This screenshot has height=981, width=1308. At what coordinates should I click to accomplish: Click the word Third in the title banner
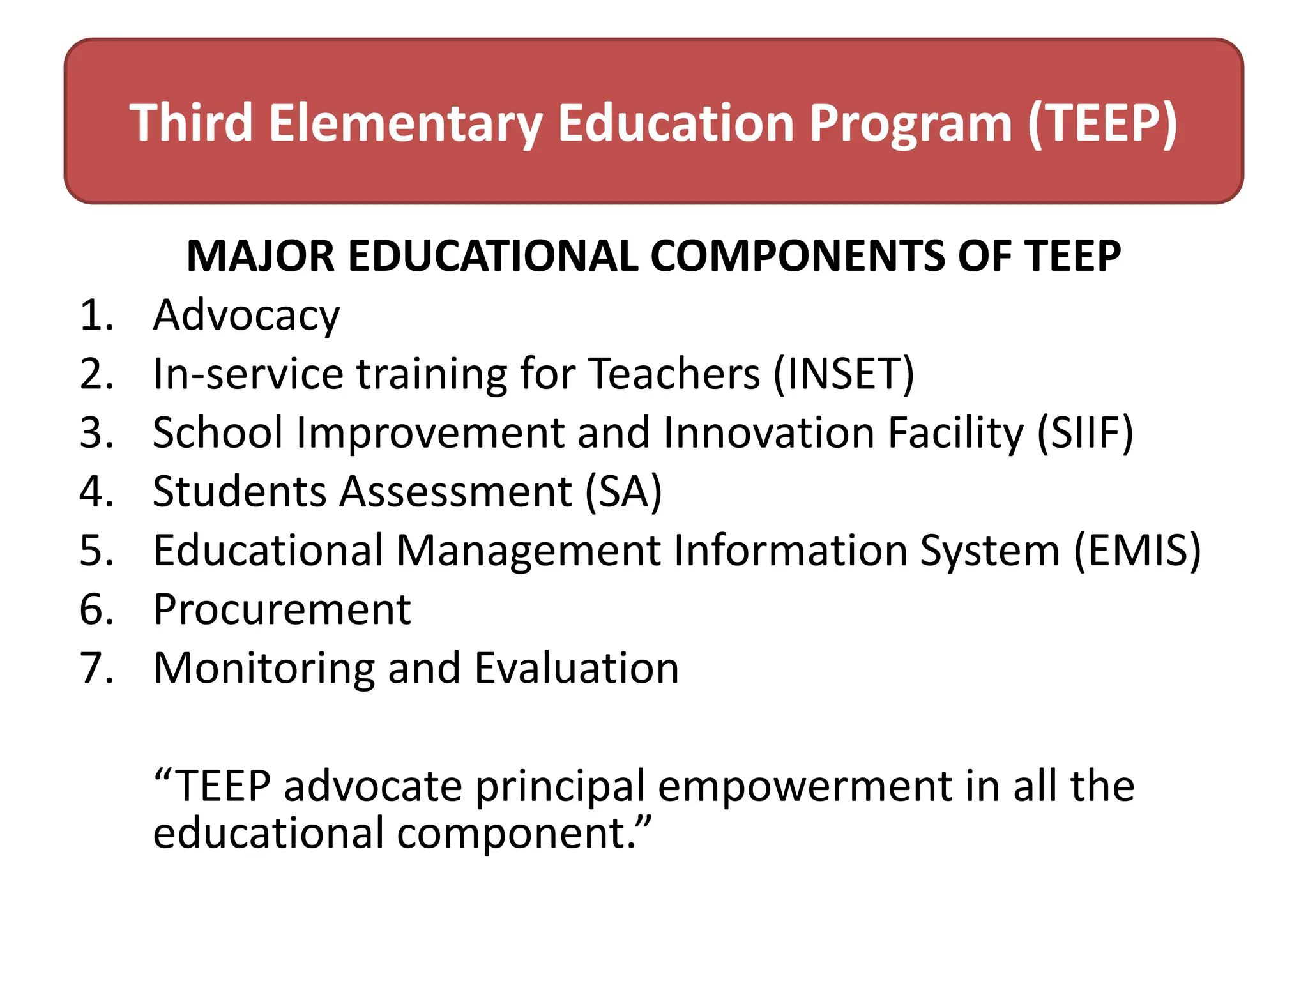192,123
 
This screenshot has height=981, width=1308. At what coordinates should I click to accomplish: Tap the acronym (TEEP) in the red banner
1102,123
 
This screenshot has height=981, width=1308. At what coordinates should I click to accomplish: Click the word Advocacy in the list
247,316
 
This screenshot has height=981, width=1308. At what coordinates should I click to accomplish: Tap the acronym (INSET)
844,374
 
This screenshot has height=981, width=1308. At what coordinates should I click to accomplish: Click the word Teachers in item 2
674,374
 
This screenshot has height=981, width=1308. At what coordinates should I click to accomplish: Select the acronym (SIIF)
1085,433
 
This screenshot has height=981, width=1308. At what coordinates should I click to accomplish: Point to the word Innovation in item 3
769,433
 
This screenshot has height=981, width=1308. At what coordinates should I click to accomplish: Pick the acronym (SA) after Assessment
624,492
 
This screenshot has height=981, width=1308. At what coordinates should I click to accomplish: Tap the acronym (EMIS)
1137,551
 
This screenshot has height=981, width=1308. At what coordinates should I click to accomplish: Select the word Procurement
282,610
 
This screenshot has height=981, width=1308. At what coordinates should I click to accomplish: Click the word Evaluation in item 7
577,669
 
